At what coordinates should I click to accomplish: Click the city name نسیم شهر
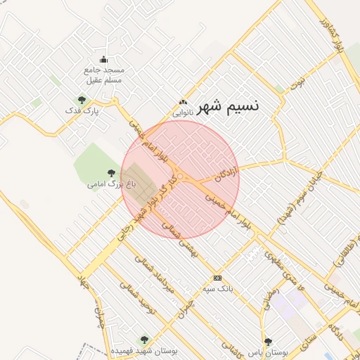pyautogui.click(x=229, y=106)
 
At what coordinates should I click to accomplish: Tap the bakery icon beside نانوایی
pyautogui.click(x=184, y=103)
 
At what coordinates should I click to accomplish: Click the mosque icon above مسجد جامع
pyautogui.click(x=104, y=60)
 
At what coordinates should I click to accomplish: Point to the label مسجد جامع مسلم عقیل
pyautogui.click(x=103, y=75)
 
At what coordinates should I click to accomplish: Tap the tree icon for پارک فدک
pyautogui.click(x=82, y=100)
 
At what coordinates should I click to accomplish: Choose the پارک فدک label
pyautogui.click(x=82, y=111)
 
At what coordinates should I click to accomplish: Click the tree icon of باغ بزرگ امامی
pyautogui.click(x=110, y=173)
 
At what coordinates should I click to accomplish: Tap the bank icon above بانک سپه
pyautogui.click(x=217, y=278)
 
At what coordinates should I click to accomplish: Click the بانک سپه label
pyautogui.click(x=217, y=289)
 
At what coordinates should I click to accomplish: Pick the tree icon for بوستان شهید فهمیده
pyautogui.click(x=145, y=340)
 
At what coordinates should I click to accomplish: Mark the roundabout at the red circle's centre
pyautogui.click(x=181, y=176)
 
